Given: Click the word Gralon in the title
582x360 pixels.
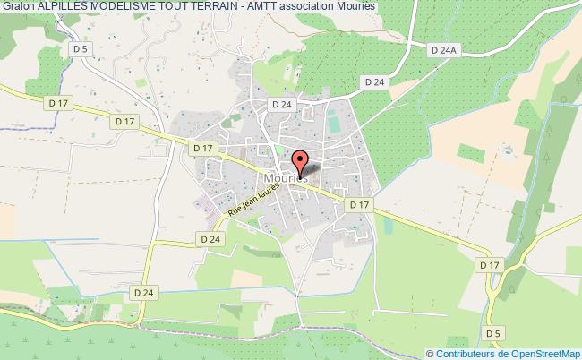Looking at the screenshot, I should (18, 6).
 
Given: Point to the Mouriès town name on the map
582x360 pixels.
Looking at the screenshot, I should (285, 177).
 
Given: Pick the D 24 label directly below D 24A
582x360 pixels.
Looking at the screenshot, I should (374, 81).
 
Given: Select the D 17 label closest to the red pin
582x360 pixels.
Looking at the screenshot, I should (359, 205).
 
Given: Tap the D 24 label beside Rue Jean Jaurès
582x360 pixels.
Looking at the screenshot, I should (210, 239).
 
